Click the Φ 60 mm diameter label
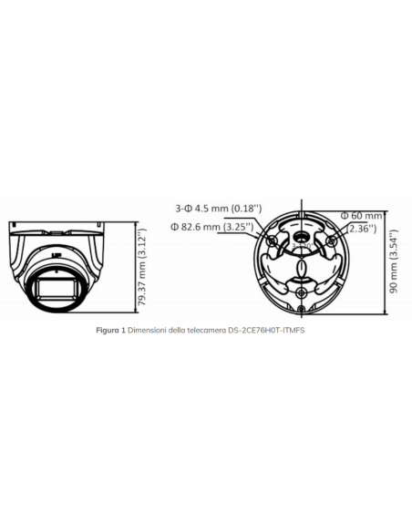(361, 215)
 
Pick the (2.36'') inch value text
(362, 229)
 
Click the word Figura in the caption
(109, 329)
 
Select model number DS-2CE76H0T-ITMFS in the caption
(263, 329)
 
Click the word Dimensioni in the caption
(147, 329)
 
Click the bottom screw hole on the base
(301, 292)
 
